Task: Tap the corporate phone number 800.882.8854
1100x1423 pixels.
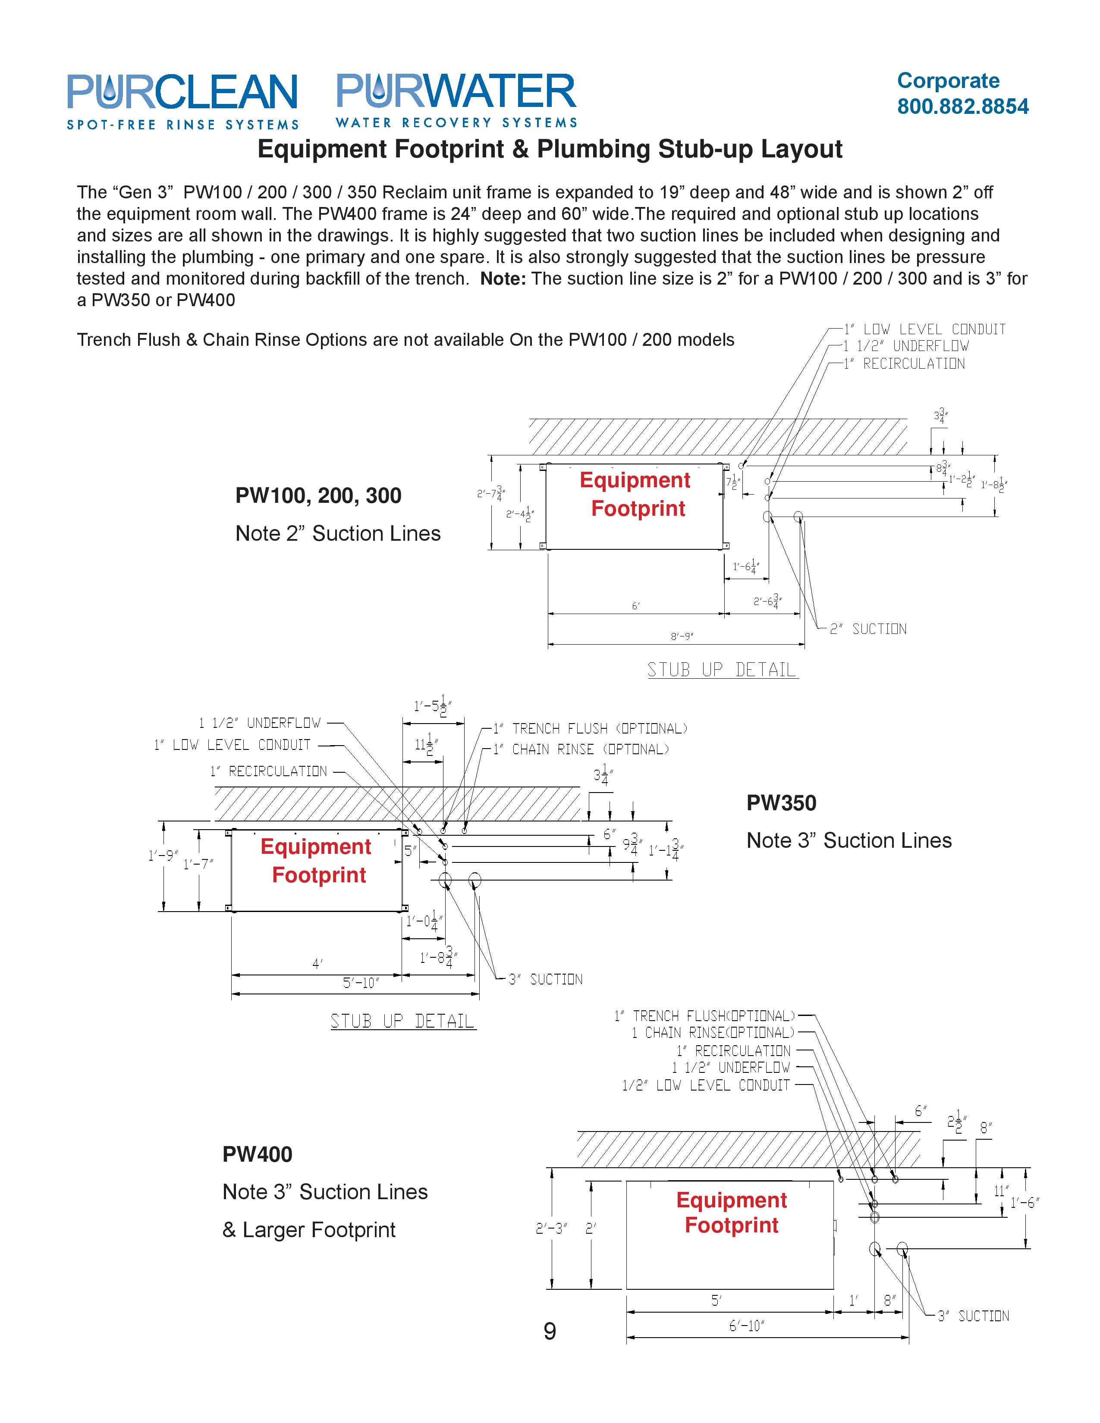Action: click(962, 106)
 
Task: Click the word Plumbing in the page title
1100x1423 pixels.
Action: click(593, 149)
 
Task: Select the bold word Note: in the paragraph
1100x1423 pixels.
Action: click(503, 279)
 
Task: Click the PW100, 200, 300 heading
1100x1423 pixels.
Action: click(318, 496)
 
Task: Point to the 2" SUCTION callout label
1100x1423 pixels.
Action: click(868, 629)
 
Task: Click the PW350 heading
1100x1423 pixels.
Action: click(781, 803)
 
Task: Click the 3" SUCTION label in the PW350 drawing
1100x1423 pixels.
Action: click(545, 979)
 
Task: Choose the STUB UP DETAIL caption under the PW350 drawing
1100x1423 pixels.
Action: click(403, 1021)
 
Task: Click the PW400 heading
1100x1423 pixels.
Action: click(258, 1154)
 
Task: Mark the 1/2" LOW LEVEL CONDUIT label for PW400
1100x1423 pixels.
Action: click(706, 1085)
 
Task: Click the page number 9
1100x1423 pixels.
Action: click(549, 1331)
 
